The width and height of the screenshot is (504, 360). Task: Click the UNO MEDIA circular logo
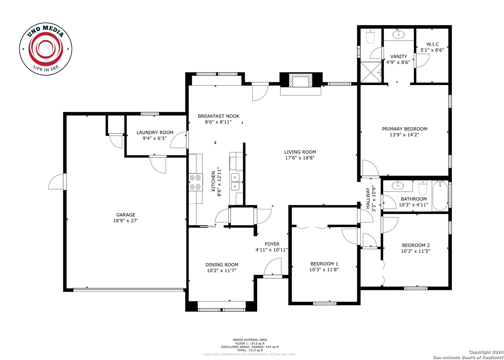coord(46,49)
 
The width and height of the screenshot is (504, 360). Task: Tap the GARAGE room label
coord(126,215)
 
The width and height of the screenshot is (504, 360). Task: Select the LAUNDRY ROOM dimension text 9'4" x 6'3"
coord(155,138)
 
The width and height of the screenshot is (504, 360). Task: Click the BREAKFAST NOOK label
coord(218,116)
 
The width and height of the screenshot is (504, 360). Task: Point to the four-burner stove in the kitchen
coord(196,182)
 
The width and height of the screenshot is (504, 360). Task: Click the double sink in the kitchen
coord(235,182)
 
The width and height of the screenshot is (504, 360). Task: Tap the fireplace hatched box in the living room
coord(301,80)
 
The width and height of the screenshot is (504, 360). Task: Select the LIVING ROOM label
coord(300,152)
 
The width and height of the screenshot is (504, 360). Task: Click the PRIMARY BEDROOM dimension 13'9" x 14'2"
coord(404,135)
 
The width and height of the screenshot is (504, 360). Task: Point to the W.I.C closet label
coord(433,44)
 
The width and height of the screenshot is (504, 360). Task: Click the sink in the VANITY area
coord(399,34)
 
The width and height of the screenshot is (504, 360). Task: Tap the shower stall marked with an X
coord(371,72)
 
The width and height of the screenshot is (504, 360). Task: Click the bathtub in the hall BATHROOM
coord(440,196)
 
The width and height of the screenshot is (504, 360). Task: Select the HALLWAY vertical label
coord(368,198)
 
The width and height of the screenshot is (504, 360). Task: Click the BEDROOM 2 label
coord(416,245)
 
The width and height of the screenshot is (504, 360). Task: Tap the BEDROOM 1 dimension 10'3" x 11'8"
coord(324,270)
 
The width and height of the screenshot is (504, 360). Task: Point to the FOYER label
coord(272,244)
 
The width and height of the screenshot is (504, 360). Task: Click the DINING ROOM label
coord(222,265)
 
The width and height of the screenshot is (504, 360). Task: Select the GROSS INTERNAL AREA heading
coord(250,340)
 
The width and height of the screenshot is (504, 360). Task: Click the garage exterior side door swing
coord(56,182)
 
